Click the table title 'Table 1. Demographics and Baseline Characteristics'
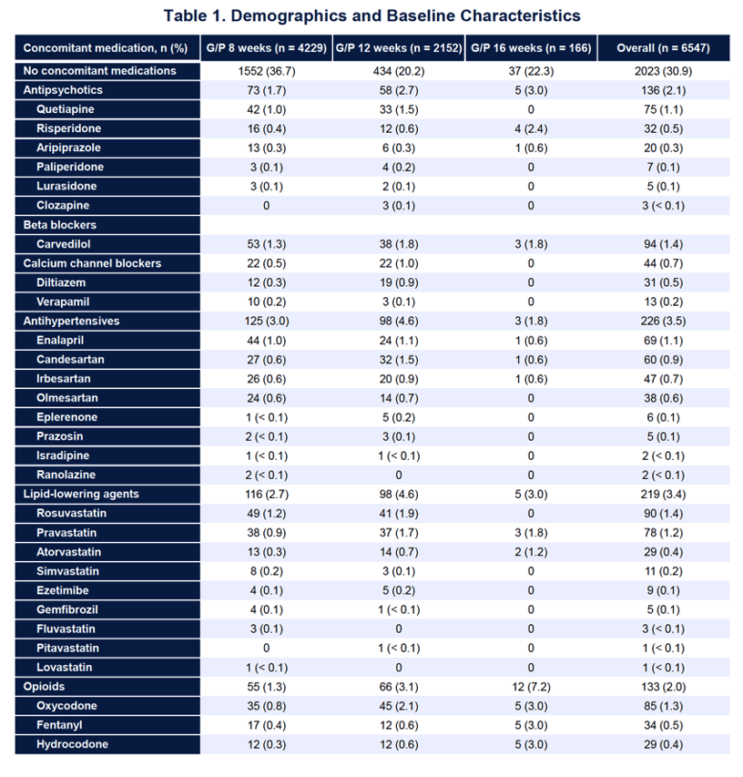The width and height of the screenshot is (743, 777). click(372, 15)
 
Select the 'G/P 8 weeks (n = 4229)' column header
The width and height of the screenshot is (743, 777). click(267, 48)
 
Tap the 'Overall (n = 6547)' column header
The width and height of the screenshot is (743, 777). click(663, 48)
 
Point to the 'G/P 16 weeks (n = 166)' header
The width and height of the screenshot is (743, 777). click(531, 48)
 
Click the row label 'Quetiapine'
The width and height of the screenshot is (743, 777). click(66, 109)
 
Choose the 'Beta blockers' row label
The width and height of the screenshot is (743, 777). click(60, 225)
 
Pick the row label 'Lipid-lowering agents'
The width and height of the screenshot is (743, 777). click(81, 494)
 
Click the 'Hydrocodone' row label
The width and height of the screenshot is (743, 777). click(72, 744)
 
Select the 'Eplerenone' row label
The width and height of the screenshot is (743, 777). click(66, 417)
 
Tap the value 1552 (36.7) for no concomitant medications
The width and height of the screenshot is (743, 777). click(267, 71)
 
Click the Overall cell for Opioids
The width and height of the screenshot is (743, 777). click(663, 687)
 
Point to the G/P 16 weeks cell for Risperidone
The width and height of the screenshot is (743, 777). click(531, 128)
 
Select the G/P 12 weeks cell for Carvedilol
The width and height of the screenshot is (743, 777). click(399, 244)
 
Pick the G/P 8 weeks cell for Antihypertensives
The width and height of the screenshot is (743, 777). click(267, 322)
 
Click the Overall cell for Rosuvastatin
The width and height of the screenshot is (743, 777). click(663, 514)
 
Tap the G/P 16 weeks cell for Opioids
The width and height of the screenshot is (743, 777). click(531, 687)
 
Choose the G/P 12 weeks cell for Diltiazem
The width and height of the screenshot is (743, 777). click(399, 283)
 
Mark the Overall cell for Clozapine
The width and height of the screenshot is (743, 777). click(663, 206)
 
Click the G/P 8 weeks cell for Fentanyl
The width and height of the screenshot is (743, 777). click(267, 725)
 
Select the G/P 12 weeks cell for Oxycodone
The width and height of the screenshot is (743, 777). click(399, 706)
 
